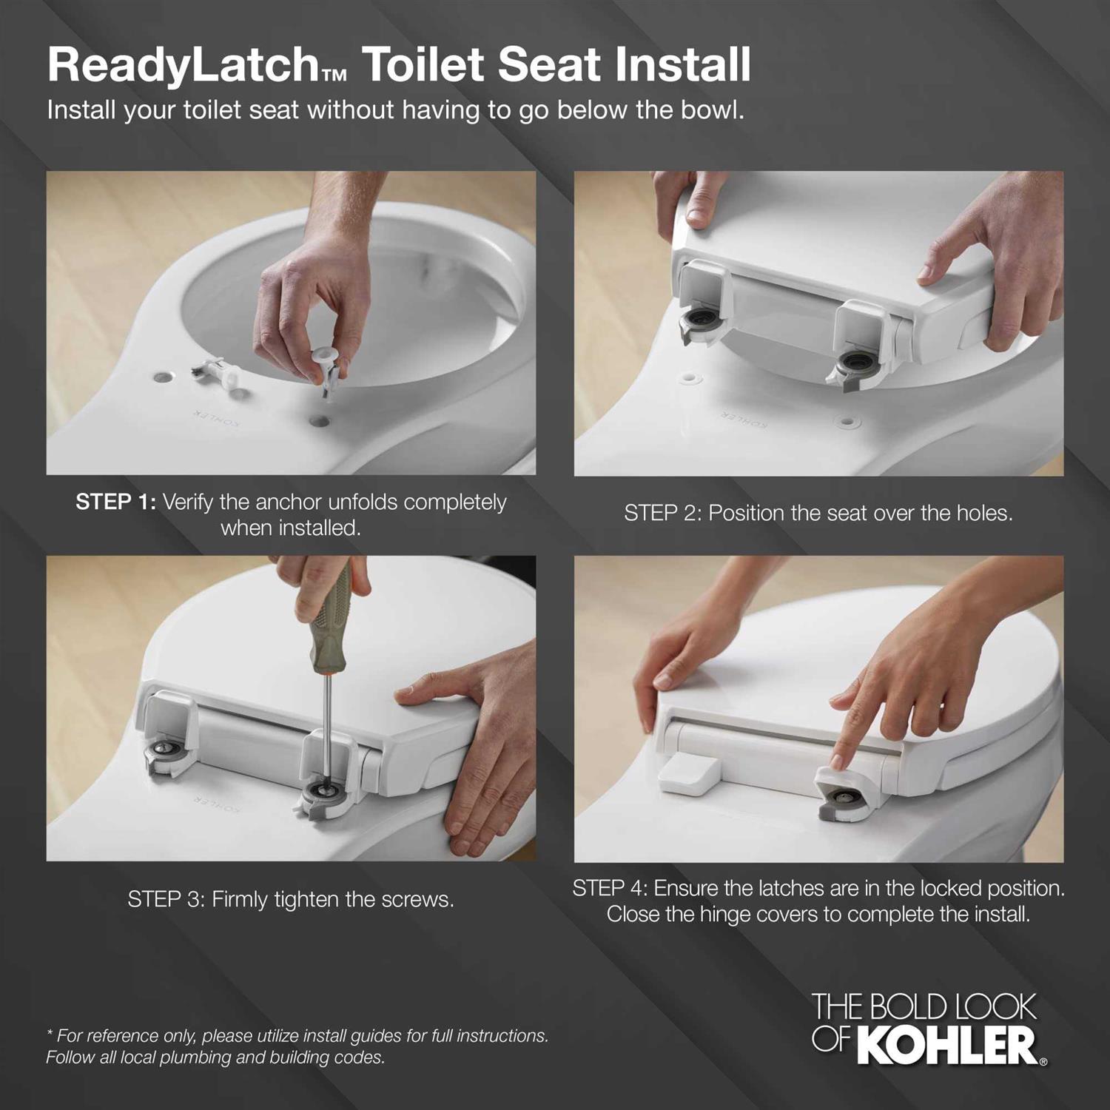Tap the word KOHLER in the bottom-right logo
click(x=951, y=1045)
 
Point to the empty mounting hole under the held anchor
click(x=320, y=421)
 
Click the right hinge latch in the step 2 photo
click(x=851, y=365)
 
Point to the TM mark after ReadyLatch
click(x=334, y=75)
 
